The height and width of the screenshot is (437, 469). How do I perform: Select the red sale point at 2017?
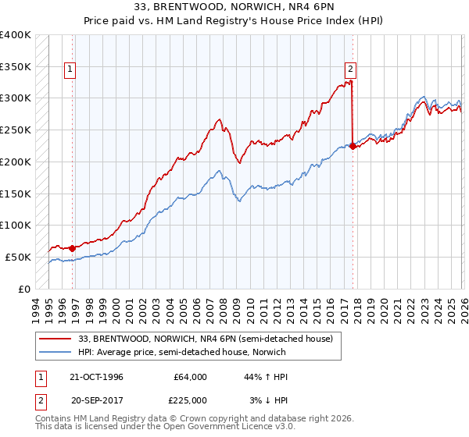(353, 145)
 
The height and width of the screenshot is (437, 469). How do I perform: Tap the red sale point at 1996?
(73, 248)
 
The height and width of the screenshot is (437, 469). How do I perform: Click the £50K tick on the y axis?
(19, 257)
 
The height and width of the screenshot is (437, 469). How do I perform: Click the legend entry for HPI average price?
(181, 353)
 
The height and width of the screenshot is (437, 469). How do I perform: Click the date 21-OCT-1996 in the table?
(96, 377)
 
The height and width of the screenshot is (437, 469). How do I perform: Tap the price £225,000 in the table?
(191, 400)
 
